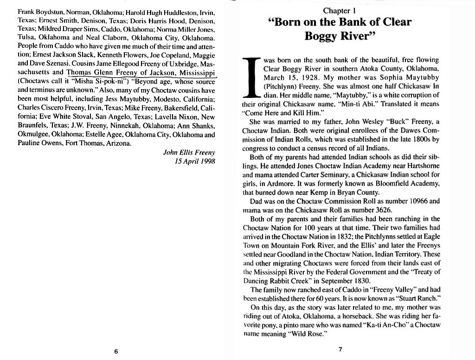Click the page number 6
pyautogui.click(x=116, y=351)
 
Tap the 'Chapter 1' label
pyautogui.click(x=341, y=10)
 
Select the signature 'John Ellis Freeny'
pyautogui.click(x=189, y=153)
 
